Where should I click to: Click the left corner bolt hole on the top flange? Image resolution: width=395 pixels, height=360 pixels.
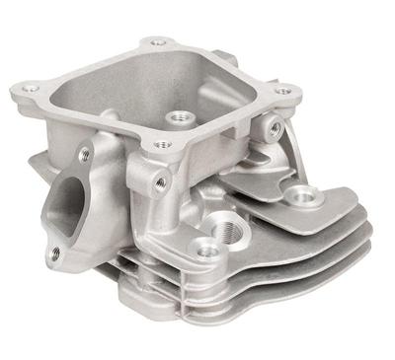click(32, 89)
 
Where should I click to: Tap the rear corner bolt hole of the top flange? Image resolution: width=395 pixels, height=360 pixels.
click(157, 42)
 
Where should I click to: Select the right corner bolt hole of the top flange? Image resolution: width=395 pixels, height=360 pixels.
click(283, 91)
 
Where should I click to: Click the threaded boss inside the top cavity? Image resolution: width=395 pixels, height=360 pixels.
click(180, 118)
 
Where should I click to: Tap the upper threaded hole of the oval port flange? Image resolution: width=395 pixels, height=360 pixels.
click(85, 155)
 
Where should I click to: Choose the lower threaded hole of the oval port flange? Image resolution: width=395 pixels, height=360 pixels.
click(54, 252)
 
